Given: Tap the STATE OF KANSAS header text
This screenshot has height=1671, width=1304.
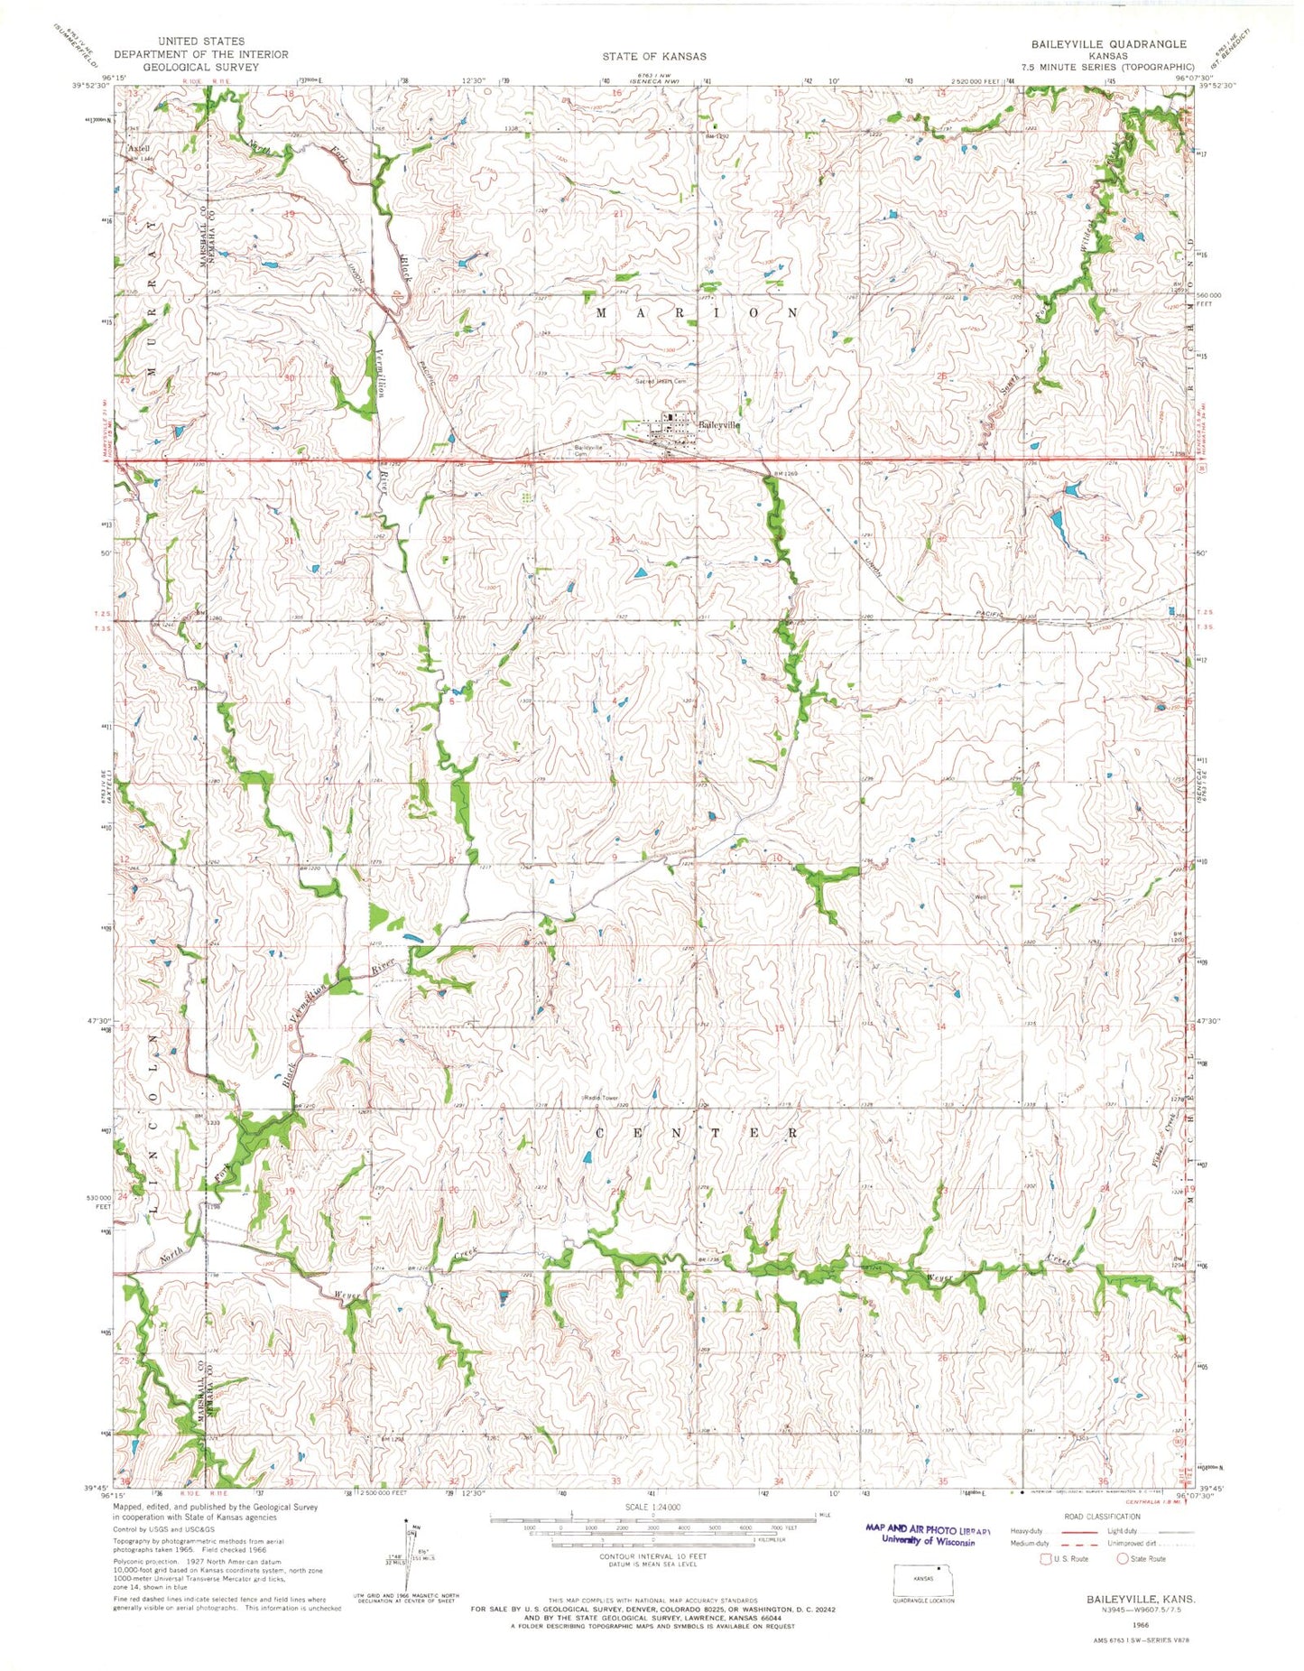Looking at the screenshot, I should pos(654,56).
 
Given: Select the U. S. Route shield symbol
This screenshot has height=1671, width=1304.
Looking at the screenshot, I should pos(1046,1558).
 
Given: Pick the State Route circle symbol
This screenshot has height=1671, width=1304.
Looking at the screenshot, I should pos(1124,1558).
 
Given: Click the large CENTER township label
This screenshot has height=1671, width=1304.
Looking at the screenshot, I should pos(696,1131).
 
